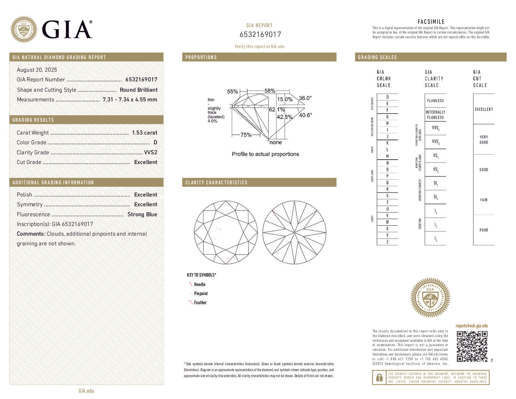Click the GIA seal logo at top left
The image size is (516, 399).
(24, 29)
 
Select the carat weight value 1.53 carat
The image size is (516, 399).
(144, 133)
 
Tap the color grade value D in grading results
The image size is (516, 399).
(155, 142)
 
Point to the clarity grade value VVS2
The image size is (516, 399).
(150, 152)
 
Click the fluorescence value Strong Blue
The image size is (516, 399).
(142, 214)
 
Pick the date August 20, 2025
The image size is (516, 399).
(37, 70)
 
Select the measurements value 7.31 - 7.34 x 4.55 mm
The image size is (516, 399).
(130, 100)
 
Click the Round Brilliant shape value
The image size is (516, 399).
(139, 90)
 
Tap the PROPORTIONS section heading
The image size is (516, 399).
(201, 57)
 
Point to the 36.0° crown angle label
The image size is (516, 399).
(305, 98)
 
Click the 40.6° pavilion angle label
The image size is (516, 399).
(305, 115)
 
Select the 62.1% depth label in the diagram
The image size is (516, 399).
(276, 110)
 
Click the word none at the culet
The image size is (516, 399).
(276, 142)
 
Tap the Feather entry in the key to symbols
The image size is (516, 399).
(200, 303)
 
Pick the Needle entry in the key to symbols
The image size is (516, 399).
(200, 284)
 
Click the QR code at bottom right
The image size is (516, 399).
(472, 346)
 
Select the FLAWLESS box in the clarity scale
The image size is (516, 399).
(435, 101)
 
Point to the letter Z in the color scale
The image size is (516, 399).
(387, 242)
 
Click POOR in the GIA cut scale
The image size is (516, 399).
(484, 230)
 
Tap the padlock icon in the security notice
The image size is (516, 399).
(379, 377)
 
